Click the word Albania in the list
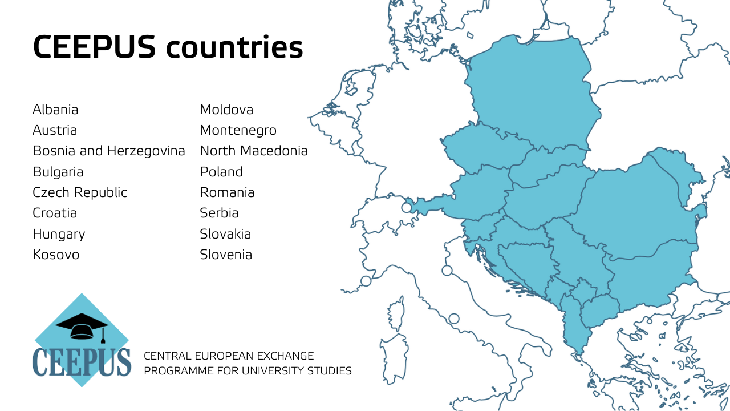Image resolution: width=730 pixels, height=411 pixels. point(55,110)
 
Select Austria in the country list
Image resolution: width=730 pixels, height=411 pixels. point(55,130)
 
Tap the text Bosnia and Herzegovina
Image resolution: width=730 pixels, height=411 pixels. point(109,151)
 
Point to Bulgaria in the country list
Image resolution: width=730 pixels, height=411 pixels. point(58,172)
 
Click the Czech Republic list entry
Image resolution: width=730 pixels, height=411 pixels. point(80,192)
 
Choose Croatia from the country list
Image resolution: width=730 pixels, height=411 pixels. point(55,213)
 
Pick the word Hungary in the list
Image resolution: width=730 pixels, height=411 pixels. point(59,234)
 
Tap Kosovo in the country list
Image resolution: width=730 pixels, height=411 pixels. point(56,255)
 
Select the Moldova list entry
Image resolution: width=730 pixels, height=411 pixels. point(226,110)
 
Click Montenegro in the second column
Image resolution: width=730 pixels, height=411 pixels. point(238,130)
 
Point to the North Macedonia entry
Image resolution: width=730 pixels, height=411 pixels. point(254,151)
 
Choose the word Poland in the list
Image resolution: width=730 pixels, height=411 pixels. point(221,172)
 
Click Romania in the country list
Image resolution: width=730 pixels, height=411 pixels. point(227,192)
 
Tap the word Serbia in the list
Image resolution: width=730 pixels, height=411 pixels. point(219,213)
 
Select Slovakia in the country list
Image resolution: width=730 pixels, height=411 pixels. point(225,234)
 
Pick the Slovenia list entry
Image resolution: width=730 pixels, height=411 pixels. point(226,255)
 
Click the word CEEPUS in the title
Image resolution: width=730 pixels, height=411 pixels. point(94,47)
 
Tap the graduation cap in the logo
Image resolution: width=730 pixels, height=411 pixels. point(82,326)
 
